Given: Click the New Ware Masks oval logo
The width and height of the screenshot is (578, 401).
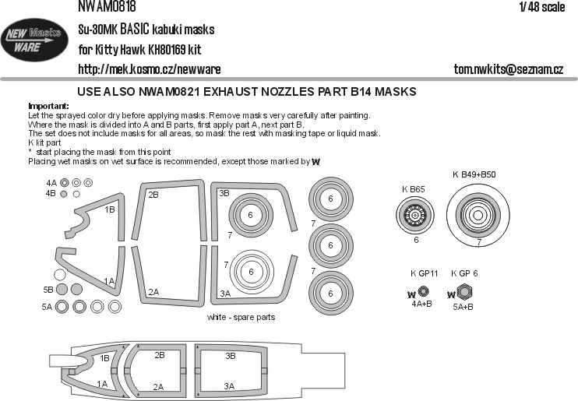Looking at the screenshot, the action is tap(34, 40).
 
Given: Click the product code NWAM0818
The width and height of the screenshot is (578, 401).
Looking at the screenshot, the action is tap(107, 6).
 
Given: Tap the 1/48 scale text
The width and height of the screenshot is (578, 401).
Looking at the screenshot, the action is tap(542, 7).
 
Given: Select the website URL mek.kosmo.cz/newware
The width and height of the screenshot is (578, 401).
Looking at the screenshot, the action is tap(150, 69).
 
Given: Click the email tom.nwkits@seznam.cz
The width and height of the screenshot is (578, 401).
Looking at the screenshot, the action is tap(509, 69).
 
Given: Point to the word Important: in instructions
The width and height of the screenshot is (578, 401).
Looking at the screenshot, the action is tap(48, 106).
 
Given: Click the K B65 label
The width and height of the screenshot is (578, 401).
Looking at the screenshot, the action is tap(413, 189).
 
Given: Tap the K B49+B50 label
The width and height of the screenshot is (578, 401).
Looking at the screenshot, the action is tap(474, 174).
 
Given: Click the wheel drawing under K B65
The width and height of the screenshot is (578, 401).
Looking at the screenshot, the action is tap(415, 215).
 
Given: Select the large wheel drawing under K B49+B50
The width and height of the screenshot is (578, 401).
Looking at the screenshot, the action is tap(478, 215).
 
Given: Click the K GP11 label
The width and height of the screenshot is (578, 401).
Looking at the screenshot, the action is tap(424, 273).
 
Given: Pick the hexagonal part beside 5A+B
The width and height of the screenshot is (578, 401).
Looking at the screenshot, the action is tap(464, 292).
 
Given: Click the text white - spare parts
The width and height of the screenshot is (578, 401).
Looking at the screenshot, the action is tap(241, 317).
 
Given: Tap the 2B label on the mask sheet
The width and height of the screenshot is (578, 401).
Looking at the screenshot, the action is tap(153, 195).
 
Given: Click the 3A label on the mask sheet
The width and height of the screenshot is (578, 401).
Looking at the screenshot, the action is tap(225, 294).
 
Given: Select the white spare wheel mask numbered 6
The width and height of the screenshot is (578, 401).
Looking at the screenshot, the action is tap(251, 272).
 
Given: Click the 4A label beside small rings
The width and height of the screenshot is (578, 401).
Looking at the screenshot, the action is tap(51, 183).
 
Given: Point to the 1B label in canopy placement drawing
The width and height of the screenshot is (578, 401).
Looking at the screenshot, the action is tap(104, 358).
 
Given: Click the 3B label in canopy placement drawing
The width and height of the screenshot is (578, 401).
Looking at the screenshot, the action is tap(231, 356).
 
